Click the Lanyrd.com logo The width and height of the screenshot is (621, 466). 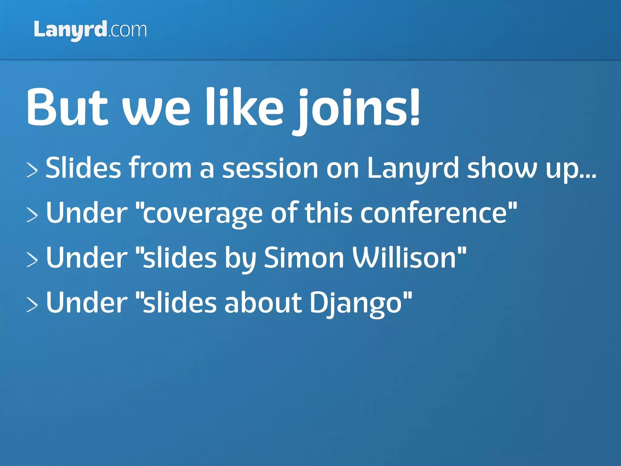(90, 30)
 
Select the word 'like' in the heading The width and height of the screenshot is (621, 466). (244, 107)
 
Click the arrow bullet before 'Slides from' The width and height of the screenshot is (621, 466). (32, 170)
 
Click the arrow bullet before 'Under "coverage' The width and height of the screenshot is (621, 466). (32, 215)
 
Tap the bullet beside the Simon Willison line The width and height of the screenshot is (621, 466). (32, 260)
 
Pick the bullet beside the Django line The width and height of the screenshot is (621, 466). (32, 304)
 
